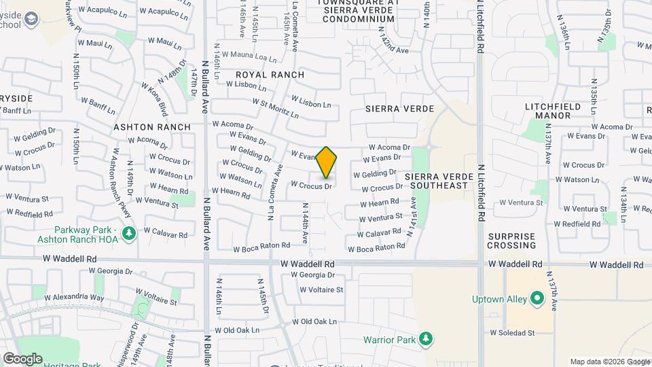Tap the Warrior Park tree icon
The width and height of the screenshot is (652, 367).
pyautogui.click(x=426, y=338)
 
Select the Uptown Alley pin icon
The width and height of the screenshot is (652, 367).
pyautogui.click(x=537, y=298)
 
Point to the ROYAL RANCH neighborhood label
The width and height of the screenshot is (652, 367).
pyautogui.click(x=270, y=74)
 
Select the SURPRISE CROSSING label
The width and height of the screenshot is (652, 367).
pyautogui.click(x=511, y=241)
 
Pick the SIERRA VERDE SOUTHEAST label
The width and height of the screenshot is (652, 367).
pyautogui.click(x=437, y=181)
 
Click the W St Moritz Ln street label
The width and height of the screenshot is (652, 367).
pyautogui.click(x=275, y=107)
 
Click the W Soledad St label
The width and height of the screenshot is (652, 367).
pyautogui.click(x=513, y=333)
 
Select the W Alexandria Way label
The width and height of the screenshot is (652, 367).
pyautogui.click(x=75, y=297)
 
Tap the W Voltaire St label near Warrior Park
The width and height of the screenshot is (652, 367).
pyautogui.click(x=322, y=290)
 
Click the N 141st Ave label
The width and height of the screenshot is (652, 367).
pyautogui.click(x=412, y=215)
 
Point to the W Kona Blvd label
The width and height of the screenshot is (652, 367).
pyautogui.click(x=154, y=99)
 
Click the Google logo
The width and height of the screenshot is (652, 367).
pyautogui.click(x=22, y=359)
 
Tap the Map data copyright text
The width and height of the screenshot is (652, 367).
pyautogui.click(x=610, y=362)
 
